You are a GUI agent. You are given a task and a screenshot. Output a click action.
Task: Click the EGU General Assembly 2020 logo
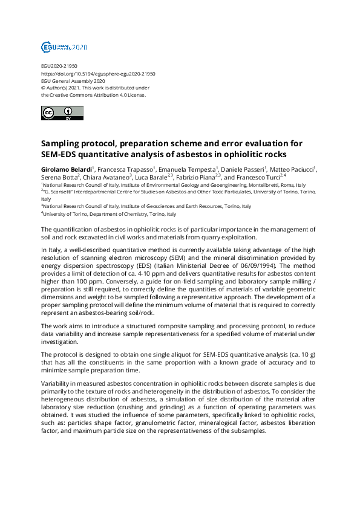click(x=64, y=47)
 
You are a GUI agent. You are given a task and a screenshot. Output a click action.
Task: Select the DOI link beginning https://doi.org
click(x=98, y=73)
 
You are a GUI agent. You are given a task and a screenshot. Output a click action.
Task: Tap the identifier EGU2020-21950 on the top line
click(x=59, y=66)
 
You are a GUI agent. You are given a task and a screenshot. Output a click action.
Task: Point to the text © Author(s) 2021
click(x=65, y=88)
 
